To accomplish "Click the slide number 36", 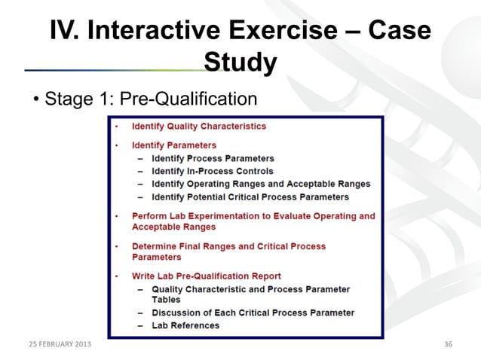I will [449, 345].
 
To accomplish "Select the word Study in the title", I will [240, 63].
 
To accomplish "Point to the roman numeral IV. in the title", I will [66, 32].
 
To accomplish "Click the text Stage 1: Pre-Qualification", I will [151, 99].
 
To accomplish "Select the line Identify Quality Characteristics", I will [198, 127].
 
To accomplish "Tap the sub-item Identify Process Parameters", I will [213, 159].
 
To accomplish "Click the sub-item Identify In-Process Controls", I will [213, 172].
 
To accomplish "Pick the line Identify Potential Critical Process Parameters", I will [250, 197].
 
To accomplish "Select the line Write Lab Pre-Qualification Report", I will [206, 276].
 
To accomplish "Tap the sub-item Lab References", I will [185, 325].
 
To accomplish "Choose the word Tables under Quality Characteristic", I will [167, 299].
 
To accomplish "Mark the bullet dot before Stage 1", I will [36, 100].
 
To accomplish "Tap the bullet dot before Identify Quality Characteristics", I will [117, 127].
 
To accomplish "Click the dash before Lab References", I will [140, 325].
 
